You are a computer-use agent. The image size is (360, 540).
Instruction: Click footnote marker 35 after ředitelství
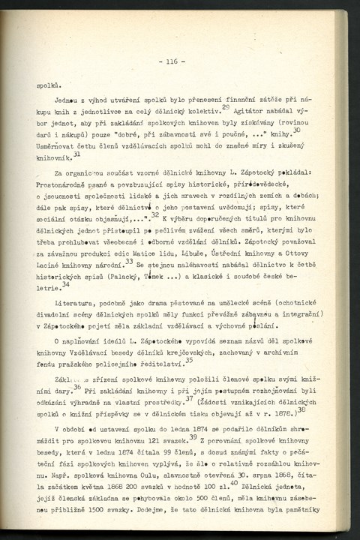coord(188,359)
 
